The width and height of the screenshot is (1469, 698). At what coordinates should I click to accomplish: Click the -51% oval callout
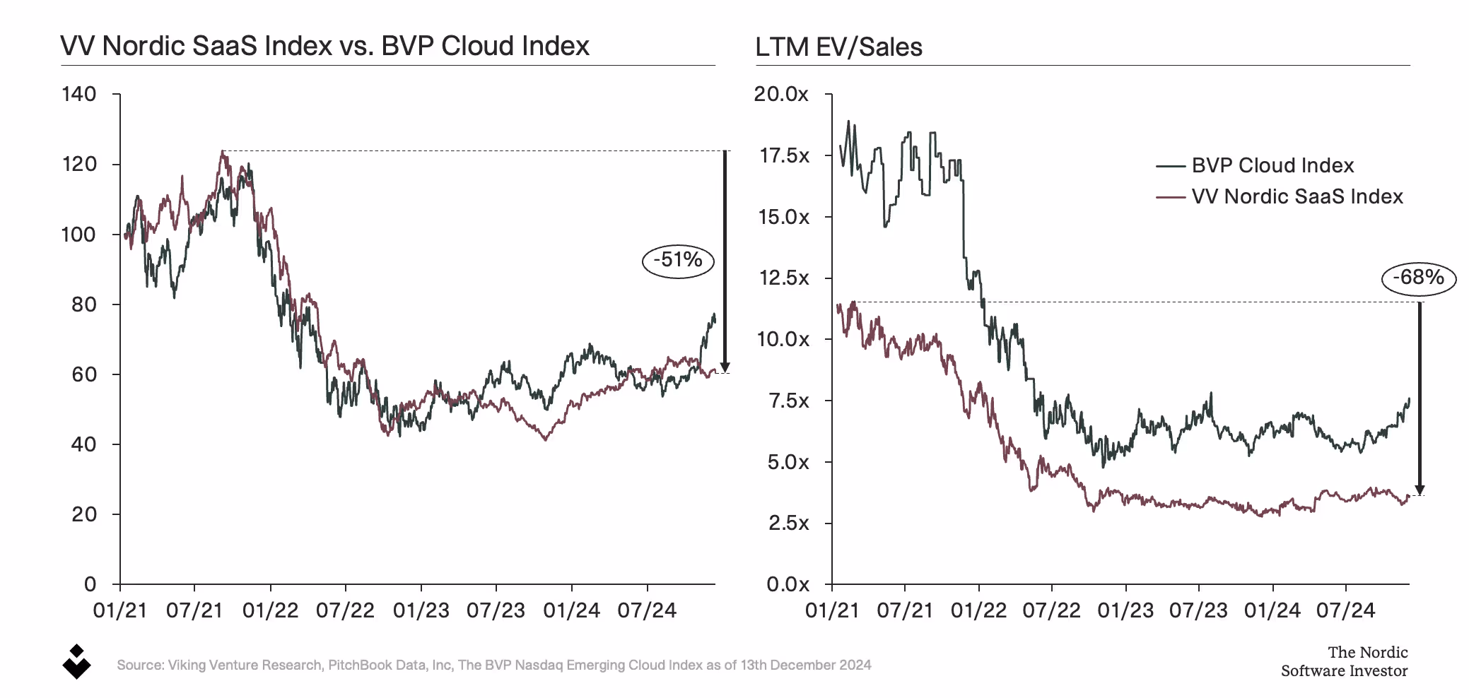point(677,260)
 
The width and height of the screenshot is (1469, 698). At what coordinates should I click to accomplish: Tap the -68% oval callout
point(1418,278)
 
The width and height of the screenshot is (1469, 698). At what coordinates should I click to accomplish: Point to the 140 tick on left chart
point(79,94)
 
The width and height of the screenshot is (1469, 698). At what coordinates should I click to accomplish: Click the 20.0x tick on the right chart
point(780,94)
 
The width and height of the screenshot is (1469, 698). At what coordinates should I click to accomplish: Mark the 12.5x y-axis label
point(783,278)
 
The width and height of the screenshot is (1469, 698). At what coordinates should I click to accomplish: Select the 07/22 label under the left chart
point(345,610)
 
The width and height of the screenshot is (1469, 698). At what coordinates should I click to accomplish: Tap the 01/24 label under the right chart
point(1272,610)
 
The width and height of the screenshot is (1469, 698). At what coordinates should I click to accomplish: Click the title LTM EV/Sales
point(838,47)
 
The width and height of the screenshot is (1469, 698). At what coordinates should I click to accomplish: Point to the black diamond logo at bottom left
point(76,662)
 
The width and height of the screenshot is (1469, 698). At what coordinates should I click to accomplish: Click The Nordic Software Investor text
point(1344,661)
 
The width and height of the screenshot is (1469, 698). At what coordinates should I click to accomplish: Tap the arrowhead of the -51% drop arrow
point(725,367)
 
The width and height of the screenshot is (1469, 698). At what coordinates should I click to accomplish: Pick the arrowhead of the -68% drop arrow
point(1419,490)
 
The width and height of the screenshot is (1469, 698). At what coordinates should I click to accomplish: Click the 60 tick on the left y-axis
point(83,374)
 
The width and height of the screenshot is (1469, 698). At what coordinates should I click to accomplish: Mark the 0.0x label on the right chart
point(788,584)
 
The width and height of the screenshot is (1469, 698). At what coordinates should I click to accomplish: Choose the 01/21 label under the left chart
point(119,610)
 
